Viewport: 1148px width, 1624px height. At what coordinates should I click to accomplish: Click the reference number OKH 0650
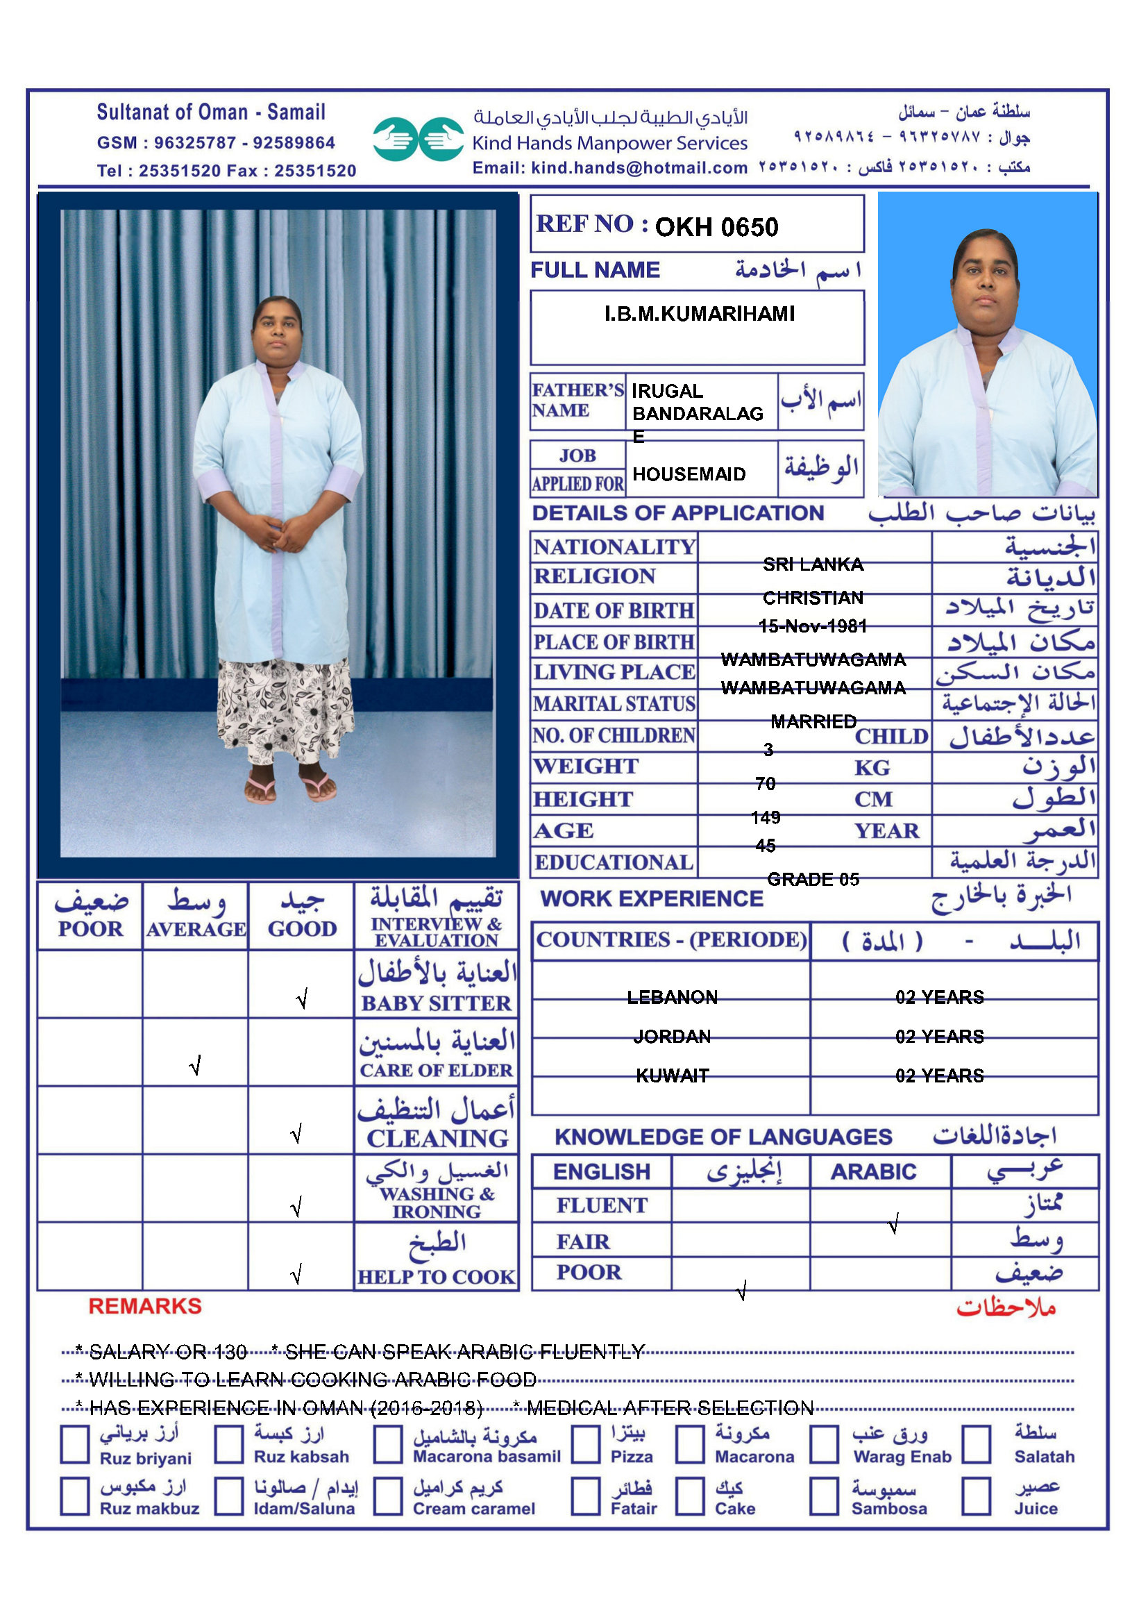coord(716,227)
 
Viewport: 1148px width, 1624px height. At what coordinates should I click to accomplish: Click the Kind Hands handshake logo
coord(419,139)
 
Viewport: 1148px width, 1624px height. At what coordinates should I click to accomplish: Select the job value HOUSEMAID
coord(689,474)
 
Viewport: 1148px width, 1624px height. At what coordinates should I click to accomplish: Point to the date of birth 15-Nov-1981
coord(812,626)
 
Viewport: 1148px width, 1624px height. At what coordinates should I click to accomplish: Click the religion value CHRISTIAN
coord(813,598)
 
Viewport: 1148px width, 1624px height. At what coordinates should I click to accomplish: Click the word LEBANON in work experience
coord(673,997)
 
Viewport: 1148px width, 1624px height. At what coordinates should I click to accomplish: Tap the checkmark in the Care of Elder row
coord(196,1065)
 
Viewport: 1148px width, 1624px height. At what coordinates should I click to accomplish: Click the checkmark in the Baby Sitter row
coord(302,998)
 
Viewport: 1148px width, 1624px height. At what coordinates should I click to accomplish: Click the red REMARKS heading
coord(145,1307)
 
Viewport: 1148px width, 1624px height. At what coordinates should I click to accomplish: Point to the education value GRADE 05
coord(813,879)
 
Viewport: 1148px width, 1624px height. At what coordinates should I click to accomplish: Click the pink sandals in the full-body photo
coord(290,787)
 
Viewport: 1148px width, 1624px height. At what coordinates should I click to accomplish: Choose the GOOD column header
coord(302,929)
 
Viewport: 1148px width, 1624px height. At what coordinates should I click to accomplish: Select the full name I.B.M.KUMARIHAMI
coord(699,314)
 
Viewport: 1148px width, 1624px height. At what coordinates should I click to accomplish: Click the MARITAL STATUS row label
coord(614,704)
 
